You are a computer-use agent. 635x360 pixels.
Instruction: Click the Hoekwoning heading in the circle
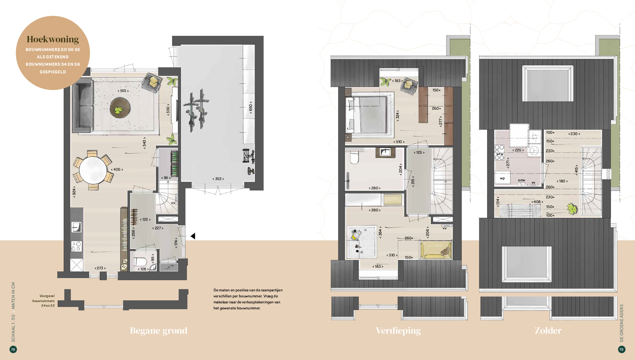pos(53,39)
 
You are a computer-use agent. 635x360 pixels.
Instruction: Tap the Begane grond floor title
pos(159,331)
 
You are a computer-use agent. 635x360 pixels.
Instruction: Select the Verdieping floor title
pos(398,331)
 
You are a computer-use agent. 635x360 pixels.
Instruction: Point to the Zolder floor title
pos(548,331)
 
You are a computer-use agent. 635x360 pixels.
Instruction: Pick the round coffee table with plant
pos(120,108)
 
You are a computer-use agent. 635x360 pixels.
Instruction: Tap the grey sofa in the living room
pos(83,106)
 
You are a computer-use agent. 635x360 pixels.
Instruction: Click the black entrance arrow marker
pos(193,236)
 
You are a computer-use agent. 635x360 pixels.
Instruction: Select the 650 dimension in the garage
pos(251,107)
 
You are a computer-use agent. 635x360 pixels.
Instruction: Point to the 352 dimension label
pos(218,179)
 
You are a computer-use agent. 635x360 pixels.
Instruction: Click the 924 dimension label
pos(74,192)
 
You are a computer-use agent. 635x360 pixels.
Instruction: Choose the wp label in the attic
pos(502,178)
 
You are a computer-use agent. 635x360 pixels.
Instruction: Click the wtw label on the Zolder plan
pos(500,154)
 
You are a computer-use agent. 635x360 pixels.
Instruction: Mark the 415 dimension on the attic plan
pos(576,170)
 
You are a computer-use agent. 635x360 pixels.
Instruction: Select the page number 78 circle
pos(13,349)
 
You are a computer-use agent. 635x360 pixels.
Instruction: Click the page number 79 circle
pos(621,349)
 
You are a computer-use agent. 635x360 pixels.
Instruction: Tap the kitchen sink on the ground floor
pos(76,227)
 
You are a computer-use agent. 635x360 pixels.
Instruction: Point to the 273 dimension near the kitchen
pos(100,268)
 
